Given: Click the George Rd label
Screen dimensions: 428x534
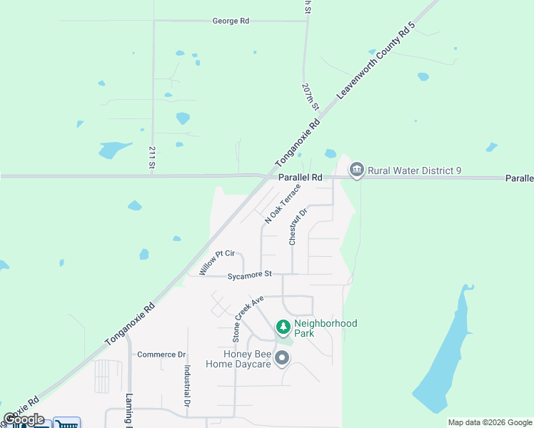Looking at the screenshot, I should pyautogui.click(x=231, y=21).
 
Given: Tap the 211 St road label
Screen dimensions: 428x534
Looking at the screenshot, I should pyautogui.click(x=152, y=158).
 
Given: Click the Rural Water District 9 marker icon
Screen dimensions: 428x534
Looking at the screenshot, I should pyautogui.click(x=356, y=170).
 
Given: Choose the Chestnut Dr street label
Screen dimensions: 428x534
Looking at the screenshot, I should pyautogui.click(x=298, y=227).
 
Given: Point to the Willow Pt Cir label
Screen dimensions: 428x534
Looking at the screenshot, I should pyautogui.click(x=217, y=263).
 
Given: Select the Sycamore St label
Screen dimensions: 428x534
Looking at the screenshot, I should pyautogui.click(x=250, y=275).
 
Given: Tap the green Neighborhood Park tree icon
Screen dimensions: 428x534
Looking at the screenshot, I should pyautogui.click(x=283, y=327).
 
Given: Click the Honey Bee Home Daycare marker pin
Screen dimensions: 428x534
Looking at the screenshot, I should pyautogui.click(x=282, y=358).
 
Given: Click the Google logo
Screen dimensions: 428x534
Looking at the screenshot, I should pyautogui.click(x=24, y=419).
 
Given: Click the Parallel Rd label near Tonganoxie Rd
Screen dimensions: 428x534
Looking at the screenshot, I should pyautogui.click(x=301, y=177).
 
